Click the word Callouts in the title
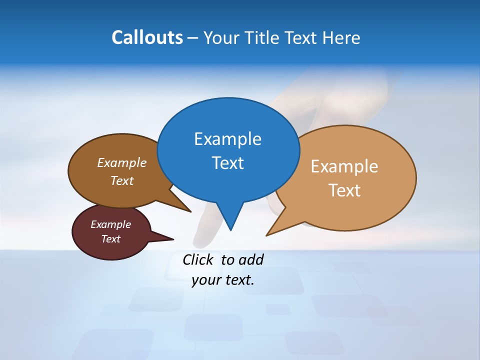[147, 37]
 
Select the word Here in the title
[342, 37]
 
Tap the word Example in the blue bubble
[227, 139]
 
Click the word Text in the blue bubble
[227, 163]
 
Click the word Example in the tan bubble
[344, 166]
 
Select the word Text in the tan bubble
[344, 190]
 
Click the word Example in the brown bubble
[121, 163]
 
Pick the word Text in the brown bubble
[121, 181]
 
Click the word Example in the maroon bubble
[110, 224]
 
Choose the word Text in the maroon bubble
[110, 239]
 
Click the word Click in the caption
[198, 259]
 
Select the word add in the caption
[250, 259]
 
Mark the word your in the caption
[205, 280]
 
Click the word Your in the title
[222, 37]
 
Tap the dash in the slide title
[193, 38]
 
